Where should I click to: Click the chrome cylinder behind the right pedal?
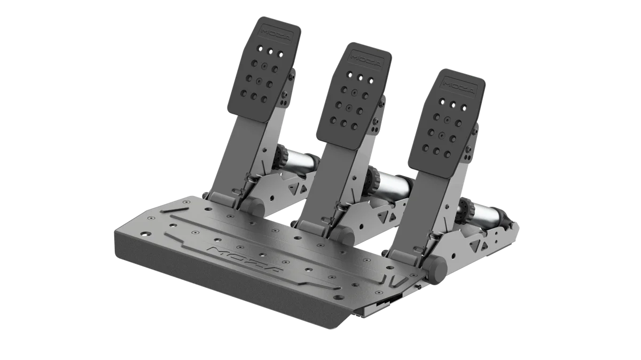click(489, 214)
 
